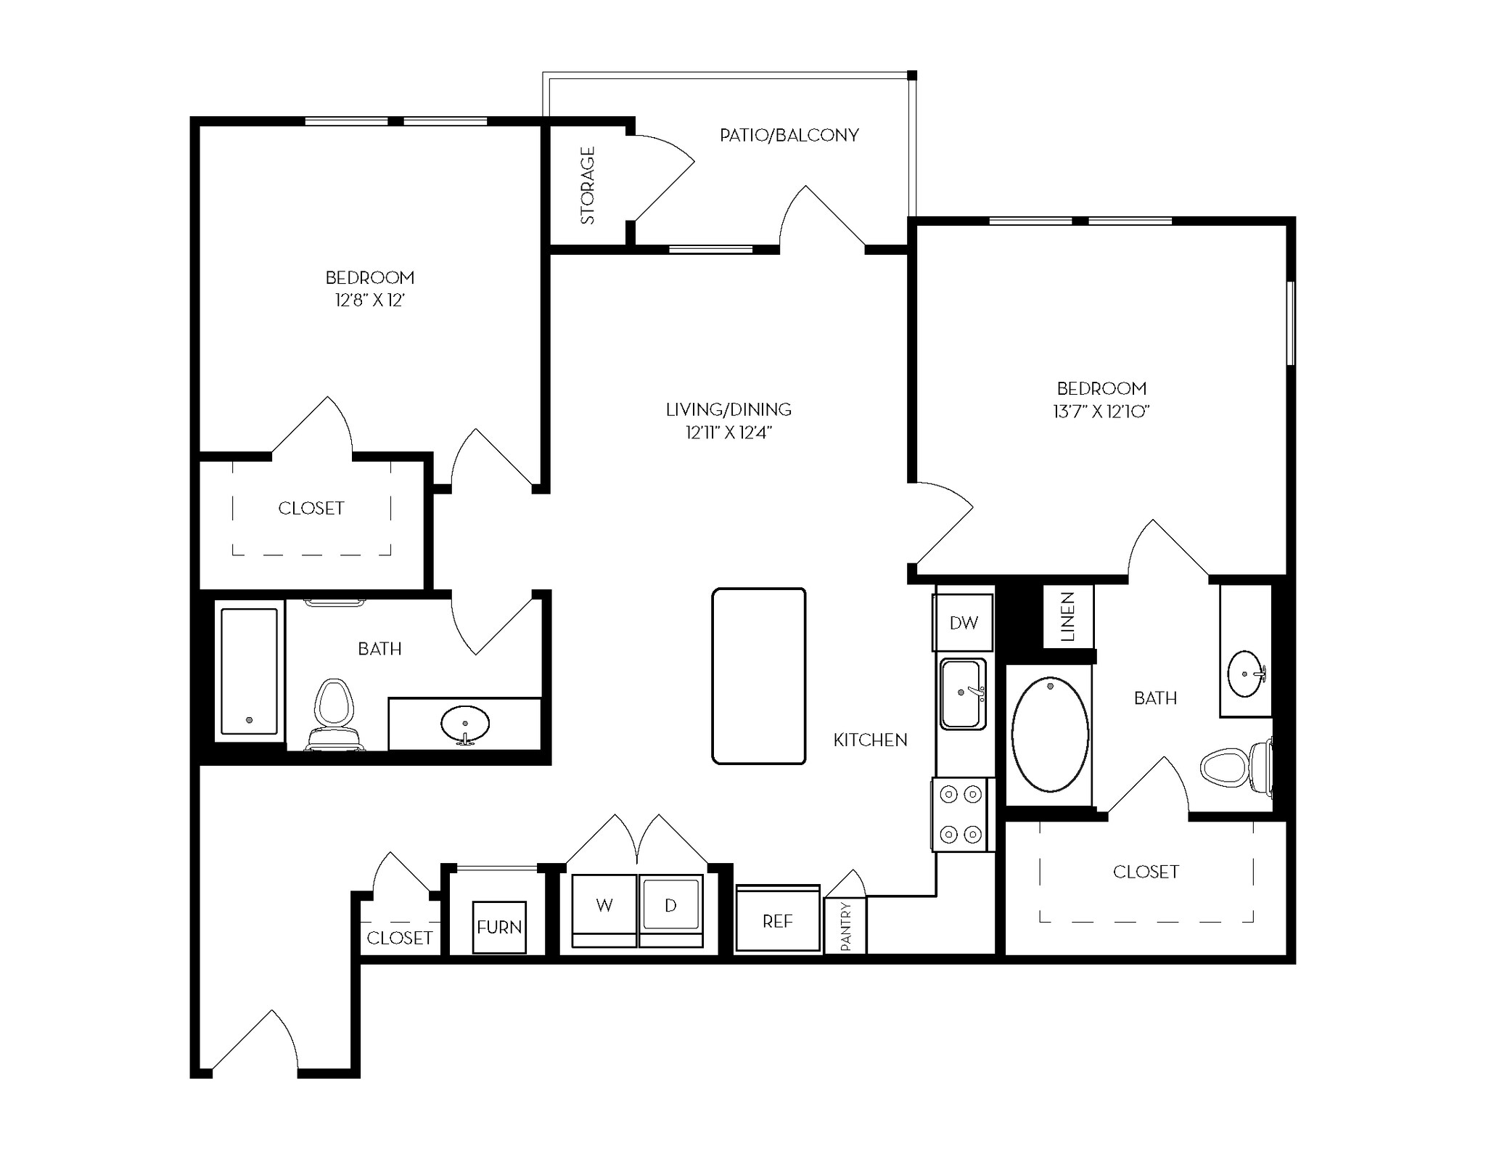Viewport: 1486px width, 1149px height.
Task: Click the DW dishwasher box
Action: [963, 622]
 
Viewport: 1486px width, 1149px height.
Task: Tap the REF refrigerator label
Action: [777, 921]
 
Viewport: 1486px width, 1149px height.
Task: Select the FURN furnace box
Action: [499, 927]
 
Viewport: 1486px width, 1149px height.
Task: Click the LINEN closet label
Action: [1067, 617]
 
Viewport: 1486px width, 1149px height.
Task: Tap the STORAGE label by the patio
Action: [588, 185]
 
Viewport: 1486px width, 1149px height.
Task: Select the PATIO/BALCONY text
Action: [789, 135]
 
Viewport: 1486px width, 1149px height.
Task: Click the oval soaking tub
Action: [1050, 734]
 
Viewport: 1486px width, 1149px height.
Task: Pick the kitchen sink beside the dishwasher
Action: [962, 694]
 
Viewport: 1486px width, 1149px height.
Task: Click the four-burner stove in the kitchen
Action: [961, 814]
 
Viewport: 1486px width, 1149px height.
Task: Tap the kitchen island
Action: [759, 676]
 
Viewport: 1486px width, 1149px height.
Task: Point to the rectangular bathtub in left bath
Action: [249, 671]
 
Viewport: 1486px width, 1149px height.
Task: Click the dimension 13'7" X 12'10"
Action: [1101, 412]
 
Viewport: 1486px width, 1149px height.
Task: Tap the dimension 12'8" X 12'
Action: [369, 300]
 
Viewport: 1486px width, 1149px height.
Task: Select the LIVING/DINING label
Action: [728, 409]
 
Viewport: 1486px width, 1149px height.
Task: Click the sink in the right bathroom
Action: [1246, 674]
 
